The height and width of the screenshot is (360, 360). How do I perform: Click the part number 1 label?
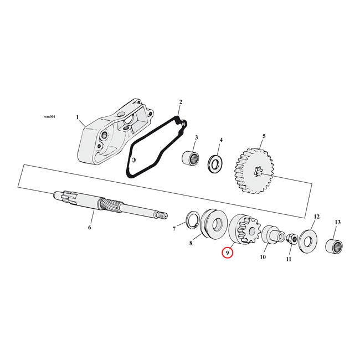point(78,117)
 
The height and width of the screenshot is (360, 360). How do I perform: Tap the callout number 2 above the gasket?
point(181,102)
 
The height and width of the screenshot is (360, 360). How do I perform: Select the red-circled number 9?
point(227,253)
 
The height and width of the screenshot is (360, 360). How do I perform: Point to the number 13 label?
point(337,222)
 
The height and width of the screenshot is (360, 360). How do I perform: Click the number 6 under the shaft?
point(90,227)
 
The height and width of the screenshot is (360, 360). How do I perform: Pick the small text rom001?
point(49,117)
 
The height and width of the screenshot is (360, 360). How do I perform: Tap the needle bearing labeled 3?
point(191,157)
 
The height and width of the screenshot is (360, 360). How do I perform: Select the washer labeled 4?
point(215,163)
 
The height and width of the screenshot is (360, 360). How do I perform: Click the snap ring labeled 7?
point(192,220)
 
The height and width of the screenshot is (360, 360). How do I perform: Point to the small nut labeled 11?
point(292,239)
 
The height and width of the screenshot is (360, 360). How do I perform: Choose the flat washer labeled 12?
point(308,241)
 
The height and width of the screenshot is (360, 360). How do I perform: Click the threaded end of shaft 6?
point(161,215)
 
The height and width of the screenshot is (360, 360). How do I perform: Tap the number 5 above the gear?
point(264,136)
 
